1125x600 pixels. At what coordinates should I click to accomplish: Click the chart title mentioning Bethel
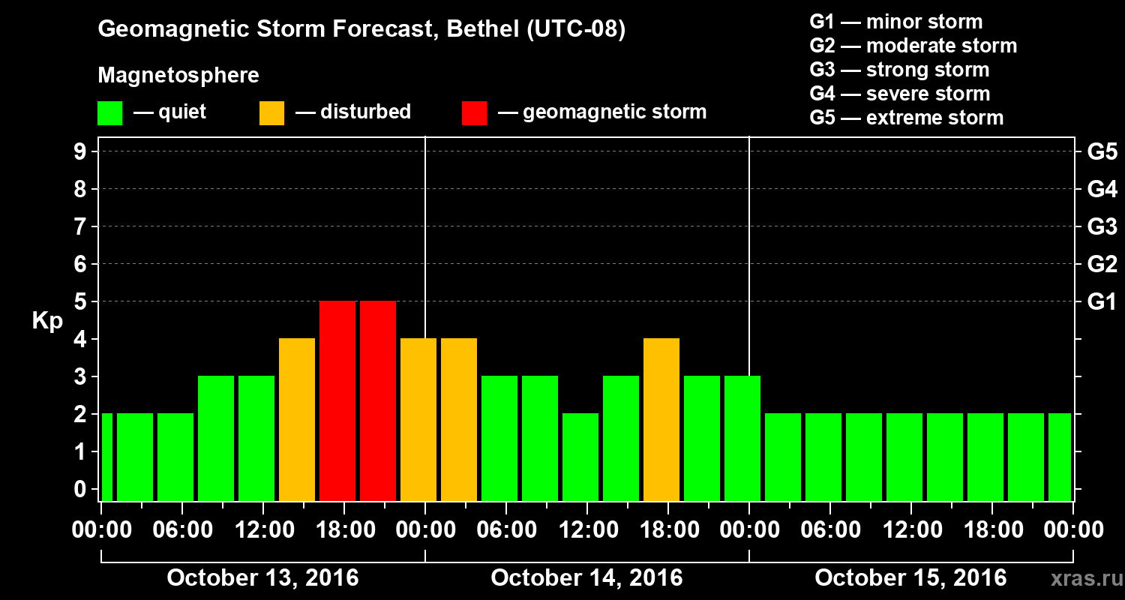pos(361,30)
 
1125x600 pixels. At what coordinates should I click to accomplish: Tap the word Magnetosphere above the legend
pos(178,76)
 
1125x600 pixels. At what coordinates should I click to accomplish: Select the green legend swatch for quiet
pos(109,113)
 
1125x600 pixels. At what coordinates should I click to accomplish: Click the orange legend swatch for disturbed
pos(271,113)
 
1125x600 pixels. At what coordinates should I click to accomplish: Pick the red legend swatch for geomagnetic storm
pos(474,113)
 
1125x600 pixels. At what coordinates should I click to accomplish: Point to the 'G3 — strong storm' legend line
pos(899,70)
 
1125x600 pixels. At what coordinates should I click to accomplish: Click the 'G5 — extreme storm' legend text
pos(906,118)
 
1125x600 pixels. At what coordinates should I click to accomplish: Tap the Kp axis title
pos(47,321)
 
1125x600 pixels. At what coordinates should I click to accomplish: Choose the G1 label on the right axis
pos(1102,302)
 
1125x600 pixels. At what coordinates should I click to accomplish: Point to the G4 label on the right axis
pos(1102,190)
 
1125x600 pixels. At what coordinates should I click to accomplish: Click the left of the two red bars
pos(337,400)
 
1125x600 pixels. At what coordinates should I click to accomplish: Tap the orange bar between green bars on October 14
pos(661,419)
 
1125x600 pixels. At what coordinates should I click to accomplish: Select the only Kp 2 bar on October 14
pos(580,457)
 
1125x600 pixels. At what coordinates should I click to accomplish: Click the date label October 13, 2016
pos(262,578)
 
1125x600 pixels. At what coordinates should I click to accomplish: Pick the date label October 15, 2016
pos(910,578)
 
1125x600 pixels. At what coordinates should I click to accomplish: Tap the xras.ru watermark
pos(1082,578)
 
